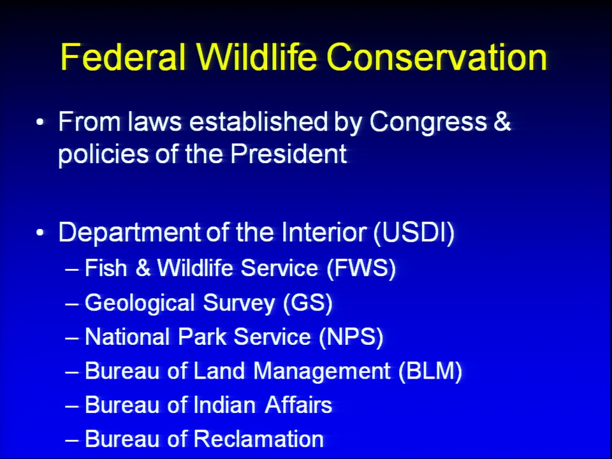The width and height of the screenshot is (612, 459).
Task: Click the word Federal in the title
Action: [122, 57]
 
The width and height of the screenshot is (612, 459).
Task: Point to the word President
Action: [288, 154]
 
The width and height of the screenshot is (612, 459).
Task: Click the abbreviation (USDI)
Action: [414, 233]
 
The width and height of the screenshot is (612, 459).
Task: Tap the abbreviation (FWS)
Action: [361, 268]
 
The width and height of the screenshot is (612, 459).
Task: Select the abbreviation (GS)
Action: [307, 303]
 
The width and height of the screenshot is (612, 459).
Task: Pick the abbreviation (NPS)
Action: [351, 337]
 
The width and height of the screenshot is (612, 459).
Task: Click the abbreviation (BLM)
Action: [430, 370]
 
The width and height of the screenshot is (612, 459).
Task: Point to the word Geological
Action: [140, 304]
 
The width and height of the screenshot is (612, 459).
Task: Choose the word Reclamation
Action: [259, 439]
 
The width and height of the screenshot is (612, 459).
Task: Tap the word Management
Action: [322, 372]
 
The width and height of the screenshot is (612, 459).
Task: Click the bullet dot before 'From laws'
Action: [40, 122]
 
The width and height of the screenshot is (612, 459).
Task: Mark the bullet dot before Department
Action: [40, 233]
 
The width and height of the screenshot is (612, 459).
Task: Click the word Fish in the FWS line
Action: [106, 268]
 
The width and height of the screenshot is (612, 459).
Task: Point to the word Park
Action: [202, 337]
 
